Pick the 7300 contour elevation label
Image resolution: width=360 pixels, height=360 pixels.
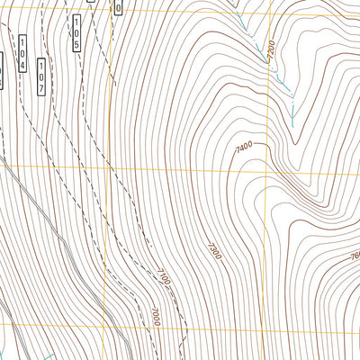(213, 248)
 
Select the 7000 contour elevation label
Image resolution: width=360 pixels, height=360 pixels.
(155, 316)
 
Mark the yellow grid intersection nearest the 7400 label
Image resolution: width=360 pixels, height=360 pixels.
(269, 167)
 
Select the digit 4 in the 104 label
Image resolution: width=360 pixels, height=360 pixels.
(22, 65)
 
